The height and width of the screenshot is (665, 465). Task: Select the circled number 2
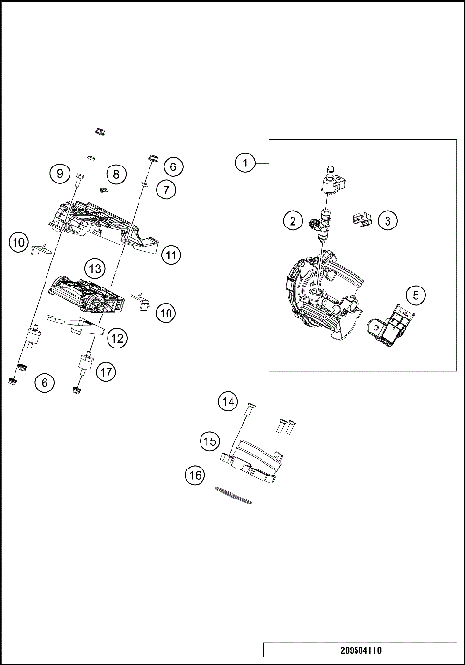292,221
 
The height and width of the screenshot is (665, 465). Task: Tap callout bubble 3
386,221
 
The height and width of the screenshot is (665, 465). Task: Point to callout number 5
414,293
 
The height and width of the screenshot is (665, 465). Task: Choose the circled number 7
167,190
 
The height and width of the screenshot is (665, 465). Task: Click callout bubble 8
116,174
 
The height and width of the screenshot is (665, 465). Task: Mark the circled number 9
59,174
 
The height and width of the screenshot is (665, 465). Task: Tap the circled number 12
116,338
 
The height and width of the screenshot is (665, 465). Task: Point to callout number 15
209,440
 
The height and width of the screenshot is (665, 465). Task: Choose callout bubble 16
196,475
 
